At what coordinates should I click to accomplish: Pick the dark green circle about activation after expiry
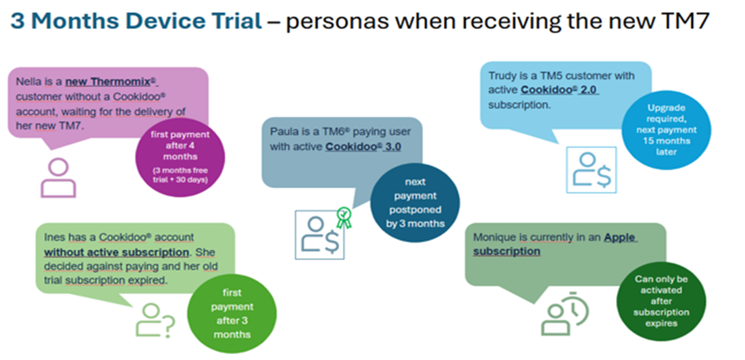661,300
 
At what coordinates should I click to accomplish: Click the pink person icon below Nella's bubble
58,177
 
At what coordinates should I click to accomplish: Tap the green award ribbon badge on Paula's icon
344,216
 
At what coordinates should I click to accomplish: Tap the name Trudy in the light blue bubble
503,76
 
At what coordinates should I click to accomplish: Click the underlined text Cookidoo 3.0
364,146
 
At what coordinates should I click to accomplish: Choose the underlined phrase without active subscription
115,252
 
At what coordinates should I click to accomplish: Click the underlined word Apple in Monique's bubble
620,238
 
